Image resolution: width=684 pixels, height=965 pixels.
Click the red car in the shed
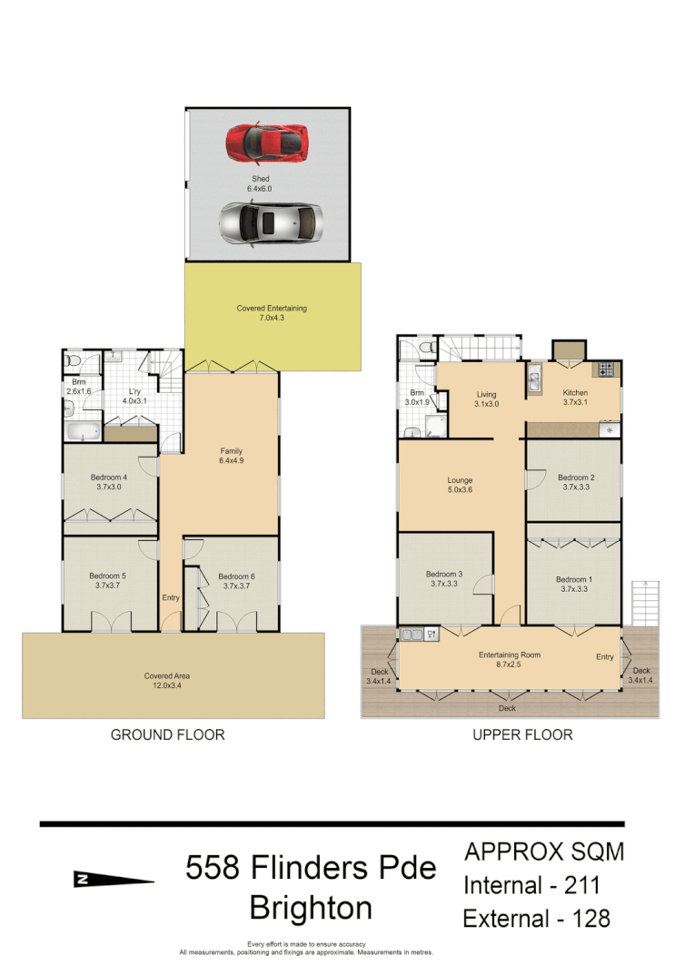pyautogui.click(x=266, y=141)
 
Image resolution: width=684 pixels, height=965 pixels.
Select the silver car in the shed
pyautogui.click(x=271, y=222)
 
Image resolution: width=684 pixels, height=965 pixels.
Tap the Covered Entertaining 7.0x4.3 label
pyautogui.click(x=272, y=313)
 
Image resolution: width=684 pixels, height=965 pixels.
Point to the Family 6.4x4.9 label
pyautogui.click(x=231, y=457)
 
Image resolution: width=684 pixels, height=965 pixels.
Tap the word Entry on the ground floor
pyautogui.click(x=171, y=597)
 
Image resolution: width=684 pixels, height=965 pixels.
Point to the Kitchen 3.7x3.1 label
pyautogui.click(x=575, y=398)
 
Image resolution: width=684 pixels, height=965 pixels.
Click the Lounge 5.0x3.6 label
pyautogui.click(x=460, y=486)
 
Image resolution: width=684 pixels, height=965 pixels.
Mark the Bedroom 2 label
pyautogui.click(x=576, y=482)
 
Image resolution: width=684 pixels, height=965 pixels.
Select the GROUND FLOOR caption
pyautogui.click(x=167, y=734)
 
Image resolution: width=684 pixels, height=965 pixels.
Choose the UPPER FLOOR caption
pyautogui.click(x=522, y=734)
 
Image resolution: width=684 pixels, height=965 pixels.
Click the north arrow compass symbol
pyautogui.click(x=113, y=879)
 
